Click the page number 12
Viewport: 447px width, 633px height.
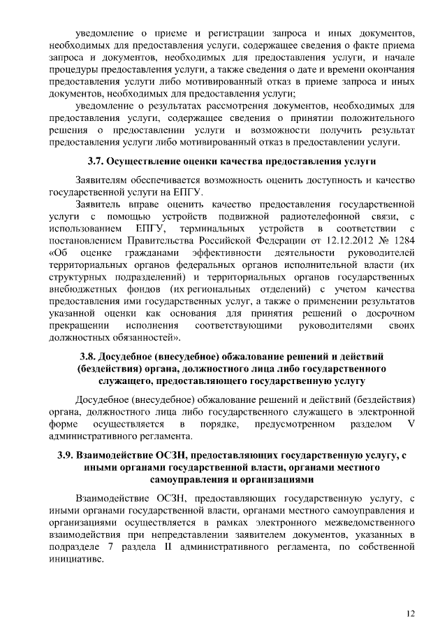[410, 613]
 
